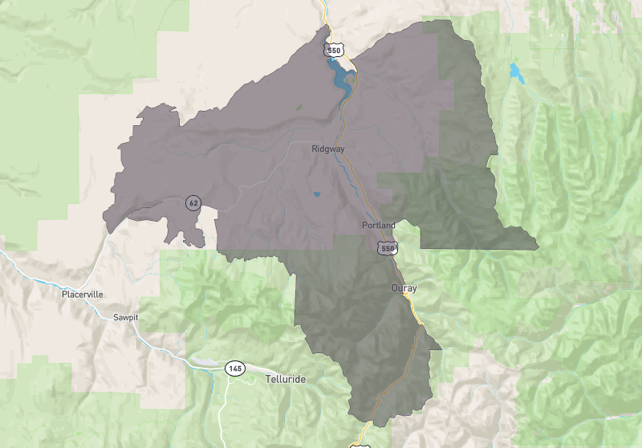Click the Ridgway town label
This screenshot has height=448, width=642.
(x=328, y=149)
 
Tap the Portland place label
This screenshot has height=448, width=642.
(x=379, y=226)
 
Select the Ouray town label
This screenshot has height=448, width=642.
(x=404, y=287)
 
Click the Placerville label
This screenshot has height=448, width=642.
(x=83, y=295)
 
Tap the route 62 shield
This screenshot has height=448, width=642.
(x=193, y=202)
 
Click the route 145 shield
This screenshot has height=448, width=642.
(x=234, y=369)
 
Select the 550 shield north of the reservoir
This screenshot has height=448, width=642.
(x=335, y=51)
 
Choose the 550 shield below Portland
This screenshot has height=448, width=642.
(x=388, y=249)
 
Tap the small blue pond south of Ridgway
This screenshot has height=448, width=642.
(x=316, y=194)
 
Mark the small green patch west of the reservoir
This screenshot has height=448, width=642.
(x=299, y=106)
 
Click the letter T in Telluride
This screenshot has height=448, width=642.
(x=269, y=377)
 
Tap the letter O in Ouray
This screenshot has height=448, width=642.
(x=394, y=287)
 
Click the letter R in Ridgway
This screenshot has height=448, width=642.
(x=315, y=149)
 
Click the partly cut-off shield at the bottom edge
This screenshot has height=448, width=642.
(x=358, y=444)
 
